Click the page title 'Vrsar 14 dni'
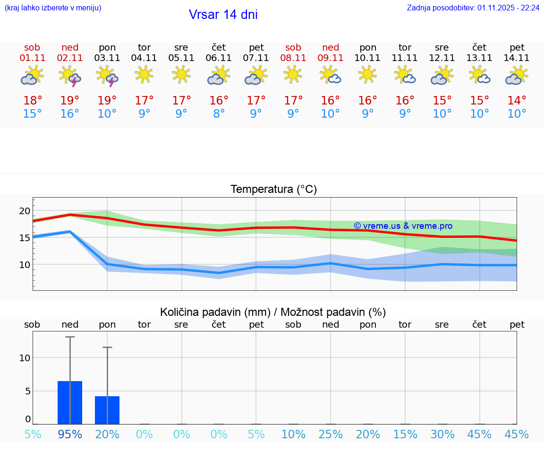[223, 15]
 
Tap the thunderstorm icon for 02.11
[70, 76]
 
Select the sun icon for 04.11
[144, 74]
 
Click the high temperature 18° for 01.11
[33, 100]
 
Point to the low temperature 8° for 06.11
[219, 114]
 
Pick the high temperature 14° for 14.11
[517, 100]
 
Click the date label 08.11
[293, 58]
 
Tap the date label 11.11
[405, 58]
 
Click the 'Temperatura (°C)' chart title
[273, 190]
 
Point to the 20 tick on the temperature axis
[25, 211]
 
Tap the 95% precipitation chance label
[70, 434]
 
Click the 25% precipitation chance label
[331, 434]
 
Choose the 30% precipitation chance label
[442, 434]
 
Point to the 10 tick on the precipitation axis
[25, 358]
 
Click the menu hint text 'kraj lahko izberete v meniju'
[53, 8]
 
